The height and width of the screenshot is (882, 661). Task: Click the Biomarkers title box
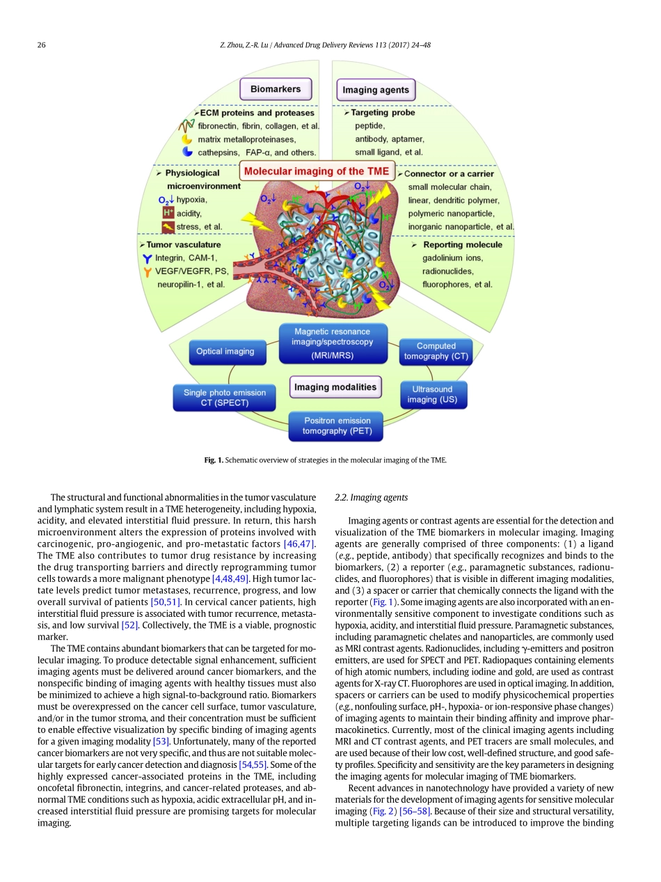(x=276, y=89)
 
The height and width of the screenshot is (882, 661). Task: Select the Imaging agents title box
(x=376, y=90)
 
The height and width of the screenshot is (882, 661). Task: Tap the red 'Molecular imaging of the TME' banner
(x=317, y=171)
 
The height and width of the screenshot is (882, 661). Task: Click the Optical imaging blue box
(x=225, y=352)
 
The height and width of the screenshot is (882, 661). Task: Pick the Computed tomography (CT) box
(x=436, y=351)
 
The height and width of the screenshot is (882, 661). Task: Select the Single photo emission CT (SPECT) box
(x=225, y=397)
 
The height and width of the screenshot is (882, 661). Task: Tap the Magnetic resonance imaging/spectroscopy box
(x=332, y=343)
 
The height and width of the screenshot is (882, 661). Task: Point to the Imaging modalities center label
(x=335, y=387)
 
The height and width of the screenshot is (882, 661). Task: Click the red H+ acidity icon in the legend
(x=168, y=213)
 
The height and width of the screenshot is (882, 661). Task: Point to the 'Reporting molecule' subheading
(x=462, y=244)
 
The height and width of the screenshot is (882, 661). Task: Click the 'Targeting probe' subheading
(x=383, y=112)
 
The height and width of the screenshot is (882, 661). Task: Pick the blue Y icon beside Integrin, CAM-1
(x=147, y=258)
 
